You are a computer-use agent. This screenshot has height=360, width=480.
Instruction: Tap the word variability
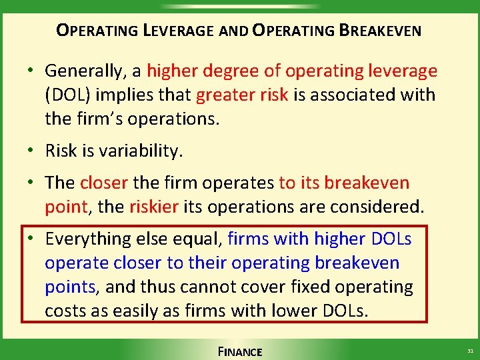(x=141, y=151)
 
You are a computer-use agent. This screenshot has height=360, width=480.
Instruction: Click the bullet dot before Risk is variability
(x=32, y=151)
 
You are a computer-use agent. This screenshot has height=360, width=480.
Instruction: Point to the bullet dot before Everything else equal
(x=32, y=239)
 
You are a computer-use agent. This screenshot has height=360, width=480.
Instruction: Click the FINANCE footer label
(x=240, y=351)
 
